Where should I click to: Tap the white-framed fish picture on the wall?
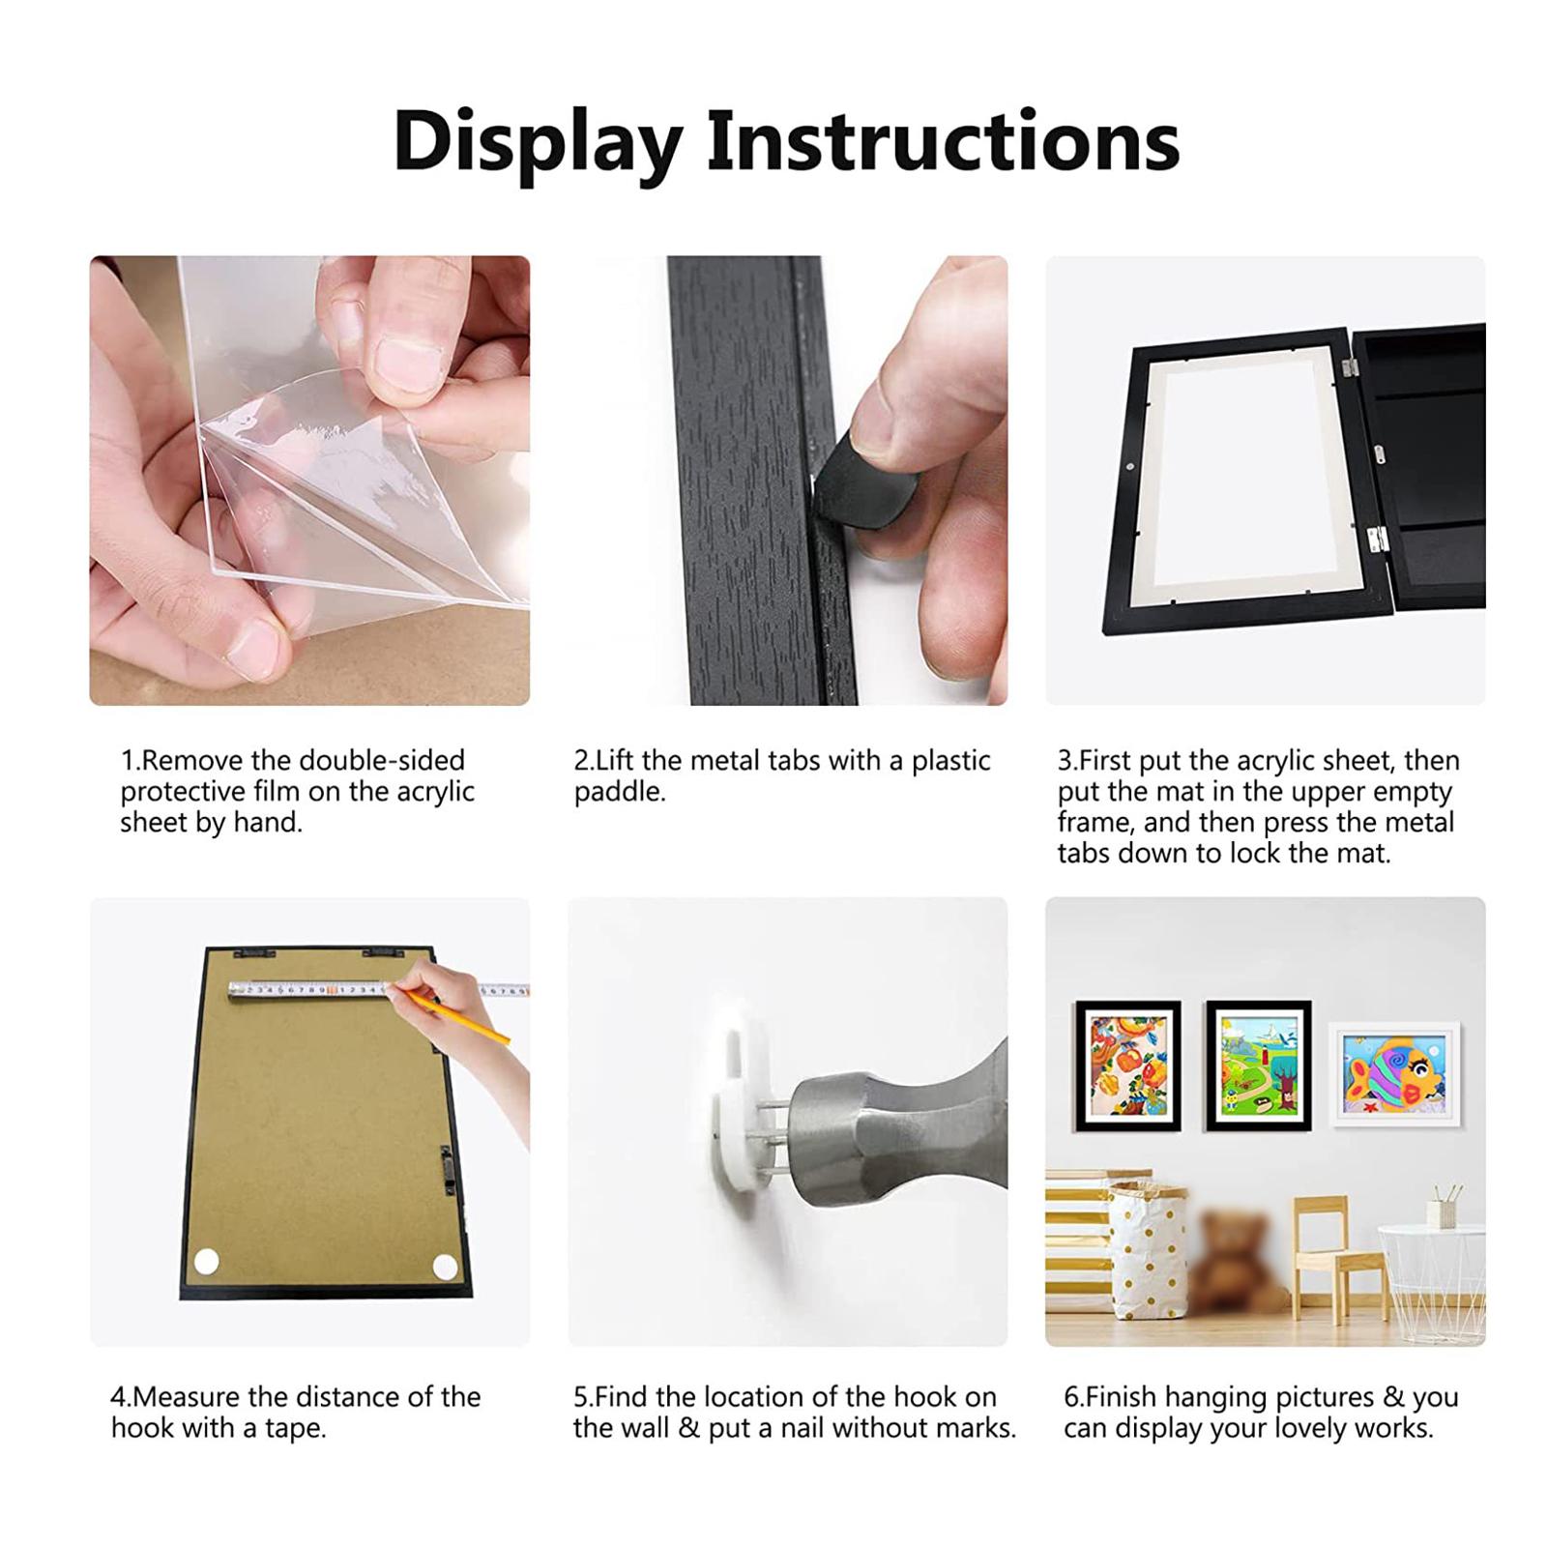click(x=1393, y=1074)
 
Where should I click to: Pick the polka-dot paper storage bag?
click(x=1148, y=1257)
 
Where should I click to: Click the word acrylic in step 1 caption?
click(x=435, y=792)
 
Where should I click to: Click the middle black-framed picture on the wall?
click(x=1259, y=1065)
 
